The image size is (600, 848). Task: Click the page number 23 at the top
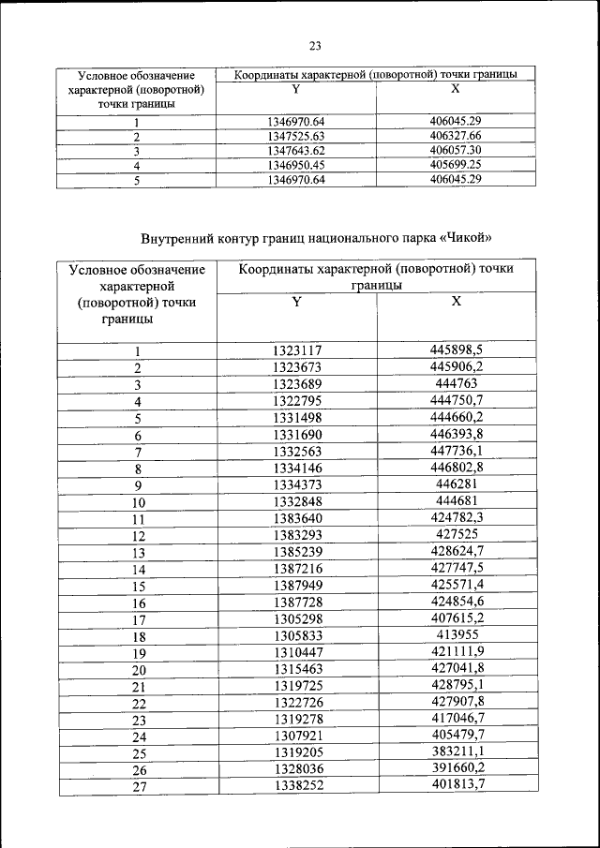click(x=315, y=46)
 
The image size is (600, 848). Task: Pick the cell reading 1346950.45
click(x=295, y=164)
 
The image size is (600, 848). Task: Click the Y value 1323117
click(x=297, y=350)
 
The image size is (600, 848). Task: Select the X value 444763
click(x=457, y=384)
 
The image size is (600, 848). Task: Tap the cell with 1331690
click(x=297, y=436)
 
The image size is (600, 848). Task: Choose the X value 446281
click(x=457, y=485)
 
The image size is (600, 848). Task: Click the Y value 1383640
click(x=297, y=518)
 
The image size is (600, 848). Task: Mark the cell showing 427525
click(x=457, y=535)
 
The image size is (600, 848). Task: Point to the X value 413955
click(x=457, y=635)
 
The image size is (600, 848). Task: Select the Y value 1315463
click(x=297, y=669)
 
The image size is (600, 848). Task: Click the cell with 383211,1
click(x=457, y=752)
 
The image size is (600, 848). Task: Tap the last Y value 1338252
click(x=297, y=786)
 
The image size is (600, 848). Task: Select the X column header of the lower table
click(x=457, y=302)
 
